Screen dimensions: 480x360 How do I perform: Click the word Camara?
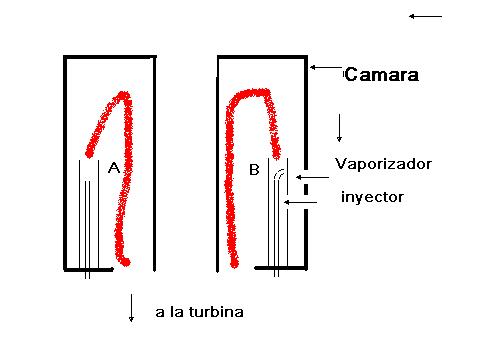click(x=381, y=74)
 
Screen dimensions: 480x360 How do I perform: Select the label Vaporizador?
click(x=383, y=164)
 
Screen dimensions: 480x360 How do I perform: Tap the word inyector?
click(x=372, y=197)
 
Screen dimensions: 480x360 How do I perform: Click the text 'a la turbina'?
click(x=199, y=312)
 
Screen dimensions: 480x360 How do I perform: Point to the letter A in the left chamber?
click(x=114, y=168)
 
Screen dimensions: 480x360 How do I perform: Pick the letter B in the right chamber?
click(x=254, y=170)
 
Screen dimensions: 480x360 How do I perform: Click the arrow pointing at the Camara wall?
click(x=327, y=67)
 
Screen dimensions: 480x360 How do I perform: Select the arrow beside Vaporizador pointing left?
click(x=312, y=177)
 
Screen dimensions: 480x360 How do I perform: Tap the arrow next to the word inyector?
click(x=300, y=202)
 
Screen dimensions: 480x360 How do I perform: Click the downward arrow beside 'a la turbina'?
click(x=131, y=308)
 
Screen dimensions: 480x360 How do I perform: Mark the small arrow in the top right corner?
click(x=425, y=16)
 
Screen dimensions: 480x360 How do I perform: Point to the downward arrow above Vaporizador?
click(x=339, y=128)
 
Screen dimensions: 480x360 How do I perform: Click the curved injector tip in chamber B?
click(x=279, y=174)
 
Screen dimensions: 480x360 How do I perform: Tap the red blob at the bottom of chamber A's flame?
click(x=125, y=262)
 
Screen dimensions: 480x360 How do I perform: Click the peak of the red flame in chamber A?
click(x=124, y=95)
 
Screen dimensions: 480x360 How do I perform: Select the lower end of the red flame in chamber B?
click(x=235, y=263)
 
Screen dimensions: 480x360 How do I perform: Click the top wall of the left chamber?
click(x=110, y=57)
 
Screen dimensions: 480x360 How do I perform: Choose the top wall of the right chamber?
click(x=262, y=58)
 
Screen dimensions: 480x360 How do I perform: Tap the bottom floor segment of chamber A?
click(x=89, y=269)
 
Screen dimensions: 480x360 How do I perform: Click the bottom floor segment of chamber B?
click(x=281, y=268)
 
